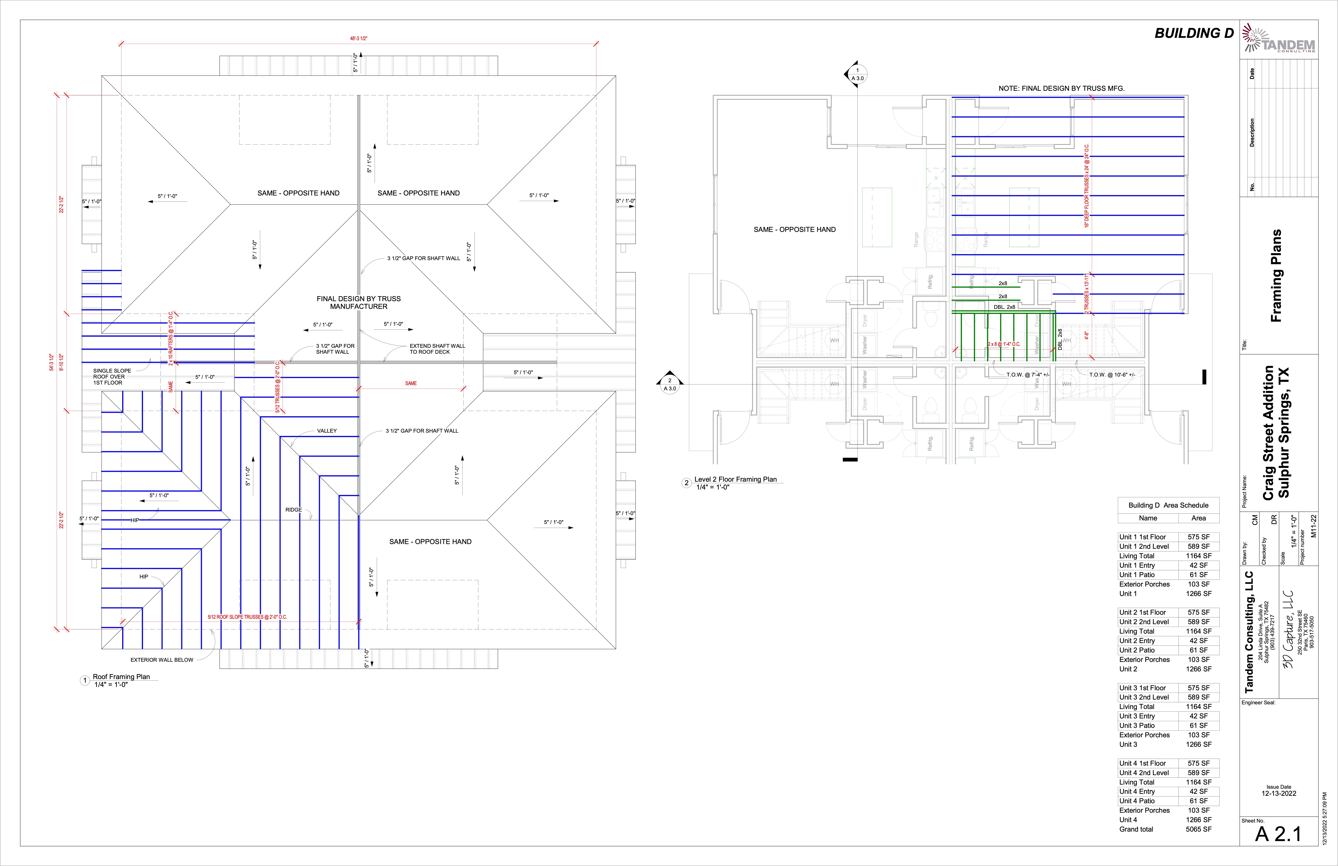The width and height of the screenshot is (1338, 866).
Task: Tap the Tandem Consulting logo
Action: tap(1278, 38)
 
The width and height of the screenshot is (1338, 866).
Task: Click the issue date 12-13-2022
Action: tap(1278, 793)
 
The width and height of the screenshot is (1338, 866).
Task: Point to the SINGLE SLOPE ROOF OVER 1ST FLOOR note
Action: tap(112, 377)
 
